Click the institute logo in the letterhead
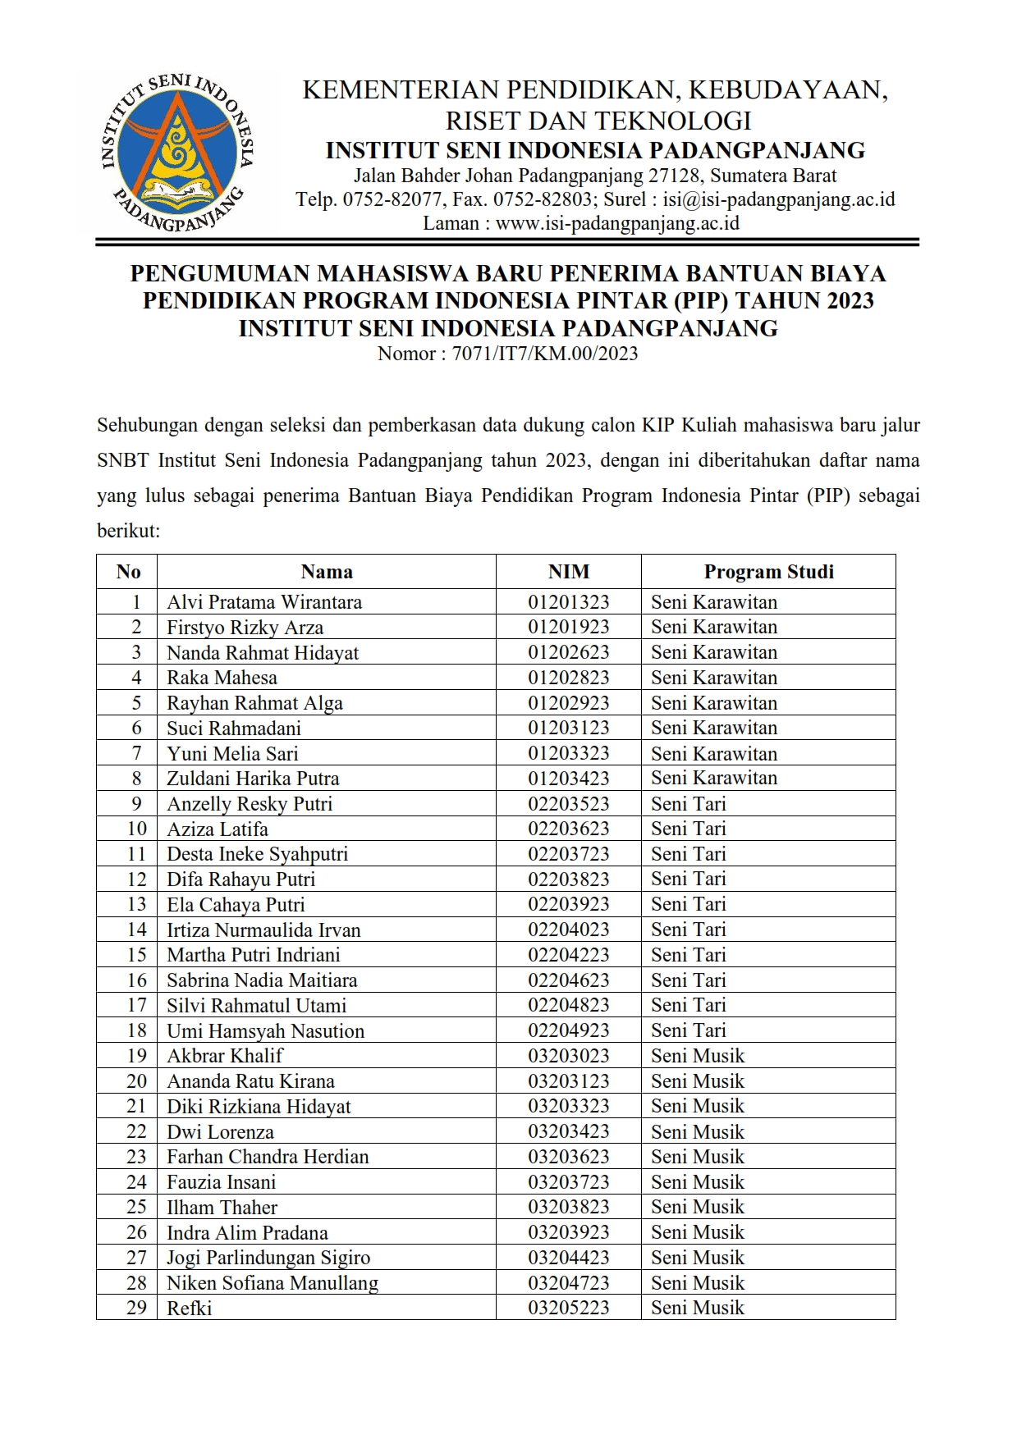point(177,153)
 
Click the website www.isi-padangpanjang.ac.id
point(617,223)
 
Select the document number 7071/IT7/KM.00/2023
point(544,354)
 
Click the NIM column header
point(568,572)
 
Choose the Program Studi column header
point(768,572)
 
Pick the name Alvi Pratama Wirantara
point(264,602)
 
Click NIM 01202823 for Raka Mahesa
point(568,678)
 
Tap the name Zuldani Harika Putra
point(253,779)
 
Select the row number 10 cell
point(136,829)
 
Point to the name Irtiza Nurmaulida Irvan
point(263,930)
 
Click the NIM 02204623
point(568,980)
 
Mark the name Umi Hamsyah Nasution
point(265,1031)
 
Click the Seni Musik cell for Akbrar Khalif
point(698,1056)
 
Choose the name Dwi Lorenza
point(220,1132)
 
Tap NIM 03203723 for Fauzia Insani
point(568,1182)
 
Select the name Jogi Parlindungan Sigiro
point(268,1258)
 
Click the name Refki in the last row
point(189,1309)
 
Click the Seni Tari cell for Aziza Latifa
point(689,829)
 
